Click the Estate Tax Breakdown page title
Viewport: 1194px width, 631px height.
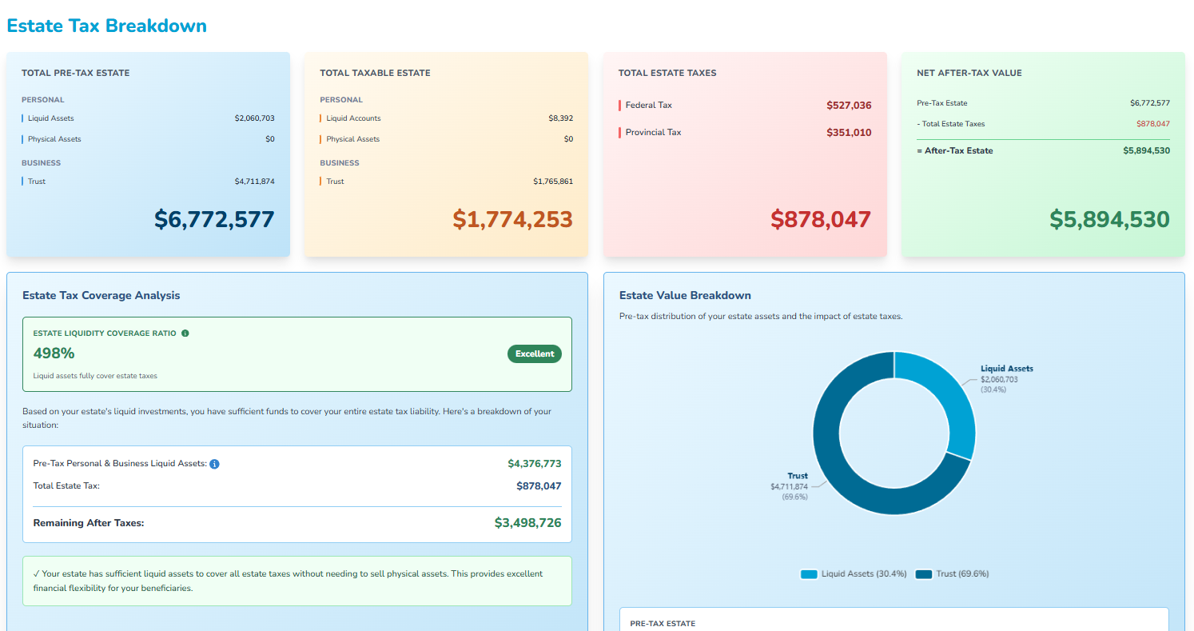(x=106, y=26)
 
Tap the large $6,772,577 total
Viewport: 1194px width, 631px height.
(x=214, y=220)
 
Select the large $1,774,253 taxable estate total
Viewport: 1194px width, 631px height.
(x=512, y=220)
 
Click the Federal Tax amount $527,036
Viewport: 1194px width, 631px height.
(x=849, y=106)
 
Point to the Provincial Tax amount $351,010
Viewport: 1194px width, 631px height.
(x=849, y=133)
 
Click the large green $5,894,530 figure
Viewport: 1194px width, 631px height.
(x=1109, y=220)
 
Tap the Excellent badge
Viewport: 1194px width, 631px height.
(x=534, y=353)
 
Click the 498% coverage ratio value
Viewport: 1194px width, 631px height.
(x=54, y=353)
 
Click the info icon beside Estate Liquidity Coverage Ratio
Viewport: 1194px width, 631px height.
(x=185, y=333)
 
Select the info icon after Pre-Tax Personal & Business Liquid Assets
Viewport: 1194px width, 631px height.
(x=214, y=464)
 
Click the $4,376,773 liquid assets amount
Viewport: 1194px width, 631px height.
(x=534, y=464)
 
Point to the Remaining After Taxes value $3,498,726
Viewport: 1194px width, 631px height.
(x=527, y=523)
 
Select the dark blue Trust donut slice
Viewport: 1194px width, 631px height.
(x=847, y=464)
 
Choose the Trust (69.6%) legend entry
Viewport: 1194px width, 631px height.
(x=952, y=574)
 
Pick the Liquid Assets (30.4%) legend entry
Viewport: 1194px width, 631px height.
(x=854, y=574)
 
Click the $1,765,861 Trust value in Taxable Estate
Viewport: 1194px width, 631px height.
(x=552, y=182)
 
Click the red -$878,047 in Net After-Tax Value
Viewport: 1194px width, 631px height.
(x=1152, y=124)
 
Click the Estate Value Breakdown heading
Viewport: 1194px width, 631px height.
(x=685, y=296)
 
